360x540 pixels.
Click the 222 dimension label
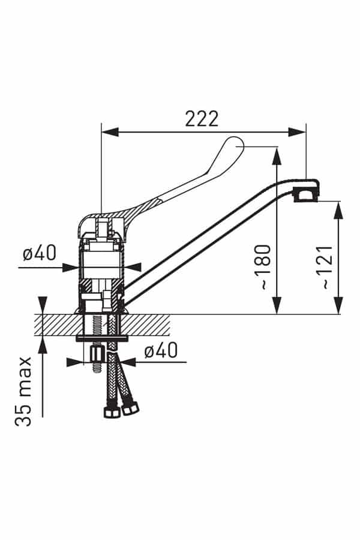click(x=202, y=119)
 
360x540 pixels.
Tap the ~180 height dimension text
click(x=265, y=267)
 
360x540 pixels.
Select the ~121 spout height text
click(x=327, y=267)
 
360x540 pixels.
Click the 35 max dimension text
click(x=23, y=392)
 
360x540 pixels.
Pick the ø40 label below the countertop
click(x=161, y=350)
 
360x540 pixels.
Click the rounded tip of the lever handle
click(x=236, y=145)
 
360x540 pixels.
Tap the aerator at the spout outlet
click(x=305, y=195)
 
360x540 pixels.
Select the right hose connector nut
click(x=130, y=408)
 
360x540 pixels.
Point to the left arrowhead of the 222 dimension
click(x=110, y=132)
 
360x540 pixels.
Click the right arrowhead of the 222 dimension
click(x=297, y=132)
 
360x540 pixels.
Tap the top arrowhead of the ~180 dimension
click(x=277, y=155)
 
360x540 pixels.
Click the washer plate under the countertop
click(x=102, y=339)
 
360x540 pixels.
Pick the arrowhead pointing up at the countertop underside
click(x=43, y=345)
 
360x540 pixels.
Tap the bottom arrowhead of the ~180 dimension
click(x=277, y=305)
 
